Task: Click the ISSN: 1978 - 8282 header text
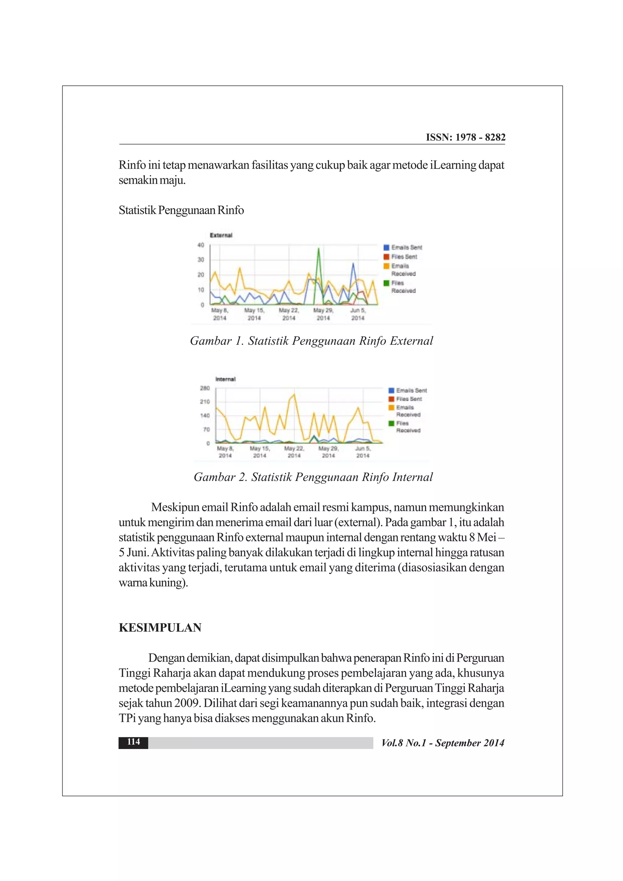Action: [x=465, y=137]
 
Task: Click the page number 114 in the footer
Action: [x=133, y=741]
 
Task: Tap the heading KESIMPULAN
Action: [x=160, y=627]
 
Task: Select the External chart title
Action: [x=221, y=235]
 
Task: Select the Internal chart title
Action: [x=225, y=379]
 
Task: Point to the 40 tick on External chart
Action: [x=201, y=245]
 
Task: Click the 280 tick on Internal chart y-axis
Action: [x=205, y=388]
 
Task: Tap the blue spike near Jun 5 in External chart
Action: [x=353, y=264]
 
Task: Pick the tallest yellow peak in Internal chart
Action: [x=294, y=395]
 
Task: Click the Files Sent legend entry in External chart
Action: [x=404, y=257]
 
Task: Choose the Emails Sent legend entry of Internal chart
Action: [x=411, y=390]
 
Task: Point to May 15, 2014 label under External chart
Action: [x=254, y=314]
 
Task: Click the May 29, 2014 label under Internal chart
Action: [x=328, y=452]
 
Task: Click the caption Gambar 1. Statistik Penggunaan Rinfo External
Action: [x=311, y=341]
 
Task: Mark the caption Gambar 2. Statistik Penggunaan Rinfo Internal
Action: [x=313, y=477]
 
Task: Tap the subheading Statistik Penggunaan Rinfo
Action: [x=181, y=210]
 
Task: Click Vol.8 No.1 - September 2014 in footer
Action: [x=443, y=743]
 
